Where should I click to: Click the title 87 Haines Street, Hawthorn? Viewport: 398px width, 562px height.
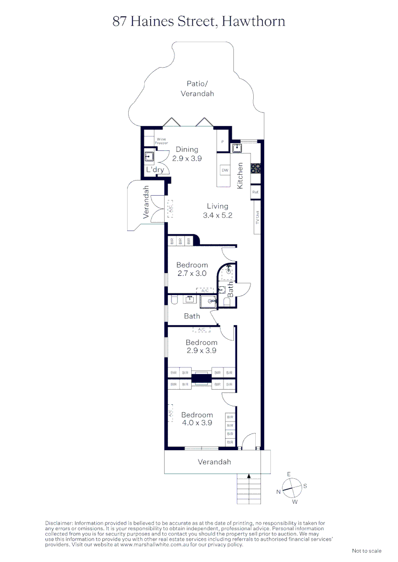coord(199,21)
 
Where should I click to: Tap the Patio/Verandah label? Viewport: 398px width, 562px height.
coord(197,88)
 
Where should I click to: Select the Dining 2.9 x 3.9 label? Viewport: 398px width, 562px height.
coord(187,154)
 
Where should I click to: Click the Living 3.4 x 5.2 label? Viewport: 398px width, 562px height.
coord(217,211)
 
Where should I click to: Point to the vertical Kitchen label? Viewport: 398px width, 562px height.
coord(240,176)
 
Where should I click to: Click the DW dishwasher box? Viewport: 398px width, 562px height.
coord(225,170)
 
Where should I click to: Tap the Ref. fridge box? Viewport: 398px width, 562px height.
coord(256,192)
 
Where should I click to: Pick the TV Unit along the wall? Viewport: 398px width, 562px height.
coord(257,217)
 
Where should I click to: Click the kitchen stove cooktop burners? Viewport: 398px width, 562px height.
coord(256,168)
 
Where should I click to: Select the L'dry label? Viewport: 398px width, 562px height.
coord(155,170)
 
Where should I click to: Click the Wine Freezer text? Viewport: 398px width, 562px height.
coord(161,141)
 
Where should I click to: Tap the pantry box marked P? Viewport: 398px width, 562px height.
coord(222,142)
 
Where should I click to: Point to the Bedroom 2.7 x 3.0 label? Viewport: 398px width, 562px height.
coord(192,269)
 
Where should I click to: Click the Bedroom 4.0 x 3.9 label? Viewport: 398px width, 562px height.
coord(197,418)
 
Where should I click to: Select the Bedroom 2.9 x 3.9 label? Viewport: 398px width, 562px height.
coord(201,347)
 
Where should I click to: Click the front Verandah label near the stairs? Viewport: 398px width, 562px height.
coord(214,462)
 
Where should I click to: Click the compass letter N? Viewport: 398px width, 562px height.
coord(278,492)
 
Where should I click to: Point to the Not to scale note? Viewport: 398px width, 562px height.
coord(367,551)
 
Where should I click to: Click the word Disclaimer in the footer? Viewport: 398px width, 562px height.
coord(59,523)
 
